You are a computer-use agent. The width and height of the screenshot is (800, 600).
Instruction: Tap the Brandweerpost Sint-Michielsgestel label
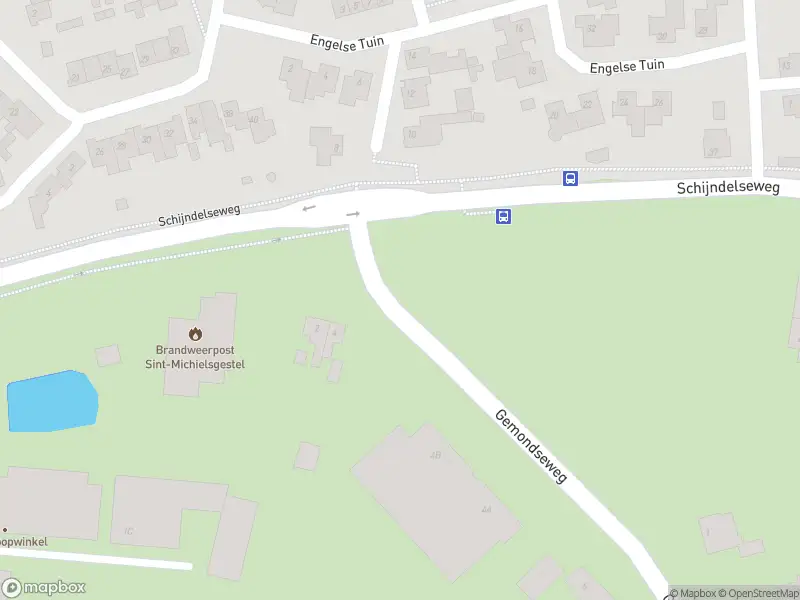click(x=200, y=357)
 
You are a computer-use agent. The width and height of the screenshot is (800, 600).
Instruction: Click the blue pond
click(x=52, y=401)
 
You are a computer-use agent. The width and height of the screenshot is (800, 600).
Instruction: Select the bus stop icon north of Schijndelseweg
click(x=570, y=179)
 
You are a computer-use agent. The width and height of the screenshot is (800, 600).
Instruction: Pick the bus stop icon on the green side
click(x=503, y=216)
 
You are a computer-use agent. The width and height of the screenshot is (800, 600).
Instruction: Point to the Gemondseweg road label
click(x=530, y=446)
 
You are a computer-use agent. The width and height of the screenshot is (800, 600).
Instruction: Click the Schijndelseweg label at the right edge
click(x=727, y=188)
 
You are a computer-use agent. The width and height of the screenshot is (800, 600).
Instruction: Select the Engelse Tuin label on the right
click(x=627, y=66)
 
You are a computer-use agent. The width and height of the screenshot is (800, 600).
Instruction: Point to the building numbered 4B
click(x=435, y=456)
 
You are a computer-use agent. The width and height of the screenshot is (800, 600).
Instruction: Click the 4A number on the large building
click(x=486, y=510)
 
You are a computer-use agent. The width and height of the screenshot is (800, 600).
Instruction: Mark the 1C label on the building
click(x=129, y=529)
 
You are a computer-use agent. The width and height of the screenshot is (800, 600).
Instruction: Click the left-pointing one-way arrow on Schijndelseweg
click(x=309, y=207)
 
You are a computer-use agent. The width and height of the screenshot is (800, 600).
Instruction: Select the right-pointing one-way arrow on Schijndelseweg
click(x=353, y=213)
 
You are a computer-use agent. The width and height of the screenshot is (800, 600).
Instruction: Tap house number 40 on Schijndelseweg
click(x=254, y=121)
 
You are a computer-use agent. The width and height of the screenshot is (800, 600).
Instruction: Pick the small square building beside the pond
click(x=107, y=355)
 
